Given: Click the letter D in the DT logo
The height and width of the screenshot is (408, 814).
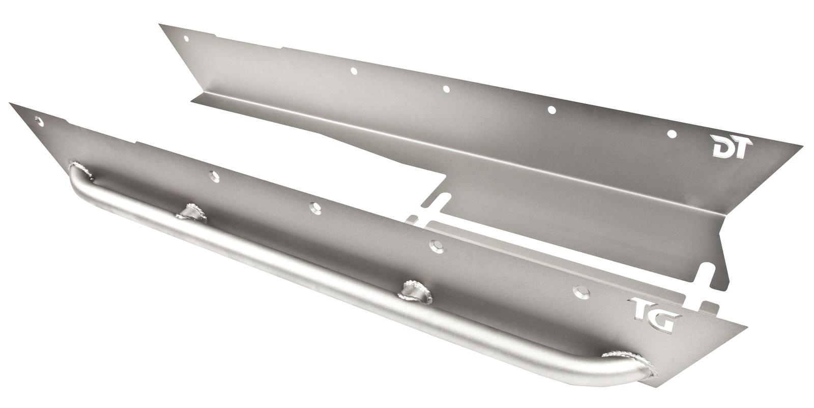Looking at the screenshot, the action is pos(723,148).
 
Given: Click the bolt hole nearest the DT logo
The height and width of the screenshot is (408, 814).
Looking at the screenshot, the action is pos(672,134).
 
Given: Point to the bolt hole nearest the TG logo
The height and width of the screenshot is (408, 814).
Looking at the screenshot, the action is pos(582,292).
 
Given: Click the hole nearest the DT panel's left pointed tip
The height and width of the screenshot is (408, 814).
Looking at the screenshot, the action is pos(186,38).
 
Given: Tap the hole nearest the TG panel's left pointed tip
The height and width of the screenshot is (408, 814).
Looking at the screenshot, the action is pos(38,121).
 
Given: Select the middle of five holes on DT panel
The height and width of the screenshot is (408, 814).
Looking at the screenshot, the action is pos(447,89).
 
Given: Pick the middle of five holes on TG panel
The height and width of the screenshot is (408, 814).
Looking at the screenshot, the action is pos(315,208).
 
